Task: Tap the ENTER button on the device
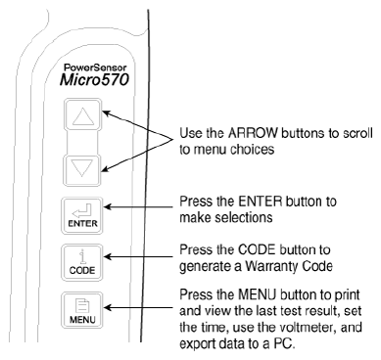81,215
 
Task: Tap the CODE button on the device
81,262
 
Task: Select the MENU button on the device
81,310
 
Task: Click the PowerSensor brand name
95,67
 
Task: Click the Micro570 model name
94,80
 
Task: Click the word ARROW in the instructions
253,133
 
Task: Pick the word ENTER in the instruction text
260,202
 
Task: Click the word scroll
358,133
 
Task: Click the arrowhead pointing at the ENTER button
108,206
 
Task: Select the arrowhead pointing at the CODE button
108,257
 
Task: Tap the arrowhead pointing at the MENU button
108,307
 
